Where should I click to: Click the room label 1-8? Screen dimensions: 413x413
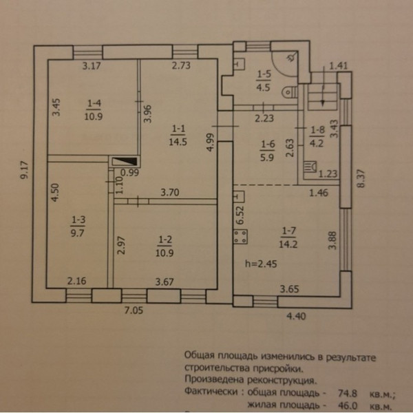click(317, 129)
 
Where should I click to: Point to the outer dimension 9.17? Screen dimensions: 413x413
click(25, 170)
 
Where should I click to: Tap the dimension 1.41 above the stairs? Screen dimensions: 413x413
click(339, 66)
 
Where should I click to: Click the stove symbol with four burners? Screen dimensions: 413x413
click(242, 238)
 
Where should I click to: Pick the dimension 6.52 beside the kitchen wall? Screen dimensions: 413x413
click(239, 215)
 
